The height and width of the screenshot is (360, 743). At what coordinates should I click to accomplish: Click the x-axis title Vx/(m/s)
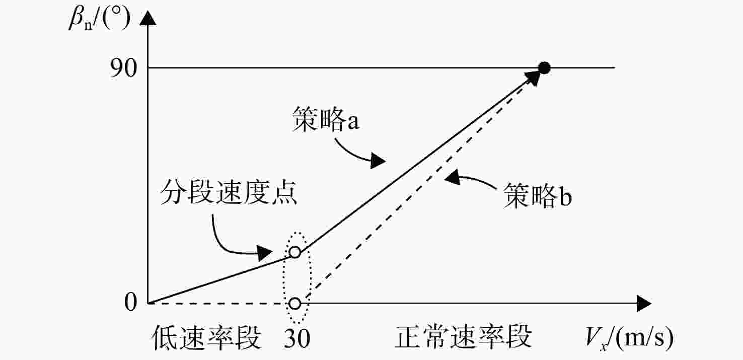coord(629,339)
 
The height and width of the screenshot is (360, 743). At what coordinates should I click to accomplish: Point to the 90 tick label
coord(123,68)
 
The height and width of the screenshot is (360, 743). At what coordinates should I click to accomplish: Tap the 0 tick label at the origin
coord(130,303)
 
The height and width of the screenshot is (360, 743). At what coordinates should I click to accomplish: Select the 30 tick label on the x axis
coord(297,339)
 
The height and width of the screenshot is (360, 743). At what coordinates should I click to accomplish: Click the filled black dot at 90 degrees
coord(544,68)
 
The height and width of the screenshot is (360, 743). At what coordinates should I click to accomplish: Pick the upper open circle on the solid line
coord(294,252)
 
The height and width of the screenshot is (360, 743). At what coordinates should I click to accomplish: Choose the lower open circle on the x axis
coord(294,303)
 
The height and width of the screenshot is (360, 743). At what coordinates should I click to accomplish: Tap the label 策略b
coord(538,196)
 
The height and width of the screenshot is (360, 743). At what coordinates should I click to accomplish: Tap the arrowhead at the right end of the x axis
coord(644,303)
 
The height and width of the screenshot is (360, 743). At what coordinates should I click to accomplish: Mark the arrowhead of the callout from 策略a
coord(378,161)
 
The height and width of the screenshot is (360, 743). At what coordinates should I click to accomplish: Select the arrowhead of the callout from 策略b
coord(453,177)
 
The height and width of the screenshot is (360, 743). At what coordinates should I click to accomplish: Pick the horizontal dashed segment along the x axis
coord(218,303)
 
